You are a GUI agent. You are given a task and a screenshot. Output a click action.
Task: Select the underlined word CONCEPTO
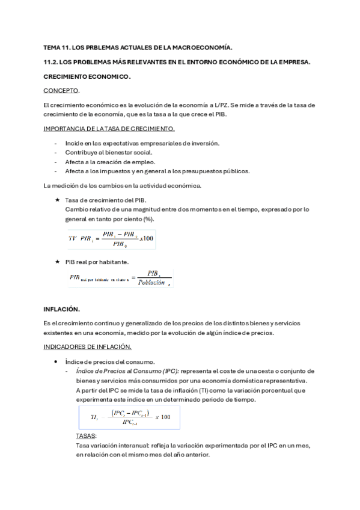pos(61,90)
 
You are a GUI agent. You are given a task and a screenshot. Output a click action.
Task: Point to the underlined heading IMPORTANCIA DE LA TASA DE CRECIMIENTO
pos(109,128)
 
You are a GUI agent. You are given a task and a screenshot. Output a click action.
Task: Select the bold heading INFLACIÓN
pos(61,309)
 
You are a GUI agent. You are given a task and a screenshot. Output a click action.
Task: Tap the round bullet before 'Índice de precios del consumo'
pos(56,361)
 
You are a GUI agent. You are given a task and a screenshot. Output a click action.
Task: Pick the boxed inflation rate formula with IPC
pos(129,417)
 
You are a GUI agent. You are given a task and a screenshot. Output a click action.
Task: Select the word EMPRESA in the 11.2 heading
pos(292,61)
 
